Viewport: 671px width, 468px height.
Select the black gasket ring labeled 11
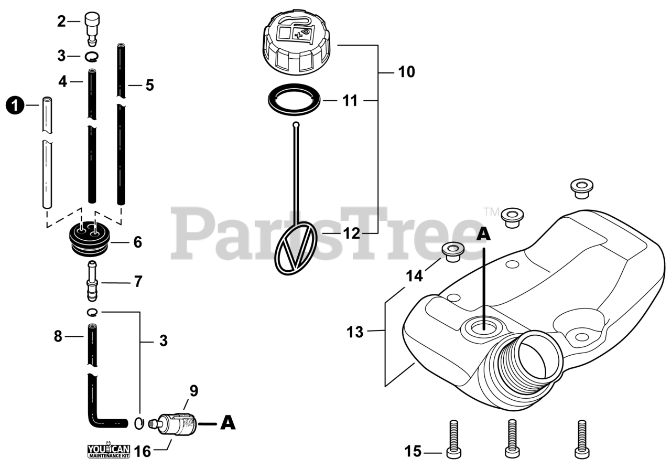coord(295,99)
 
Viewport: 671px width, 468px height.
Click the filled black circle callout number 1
coord(15,106)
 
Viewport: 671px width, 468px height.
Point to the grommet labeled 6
coord(90,239)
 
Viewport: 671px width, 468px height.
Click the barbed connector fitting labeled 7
coord(92,281)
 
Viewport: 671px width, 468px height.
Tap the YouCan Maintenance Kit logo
coord(108,450)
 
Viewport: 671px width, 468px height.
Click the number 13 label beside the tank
coord(355,332)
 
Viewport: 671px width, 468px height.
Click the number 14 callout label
coord(414,275)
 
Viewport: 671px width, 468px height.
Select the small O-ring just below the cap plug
coord(92,56)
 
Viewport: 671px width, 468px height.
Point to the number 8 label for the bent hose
coord(58,336)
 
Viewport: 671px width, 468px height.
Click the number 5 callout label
coord(149,85)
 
